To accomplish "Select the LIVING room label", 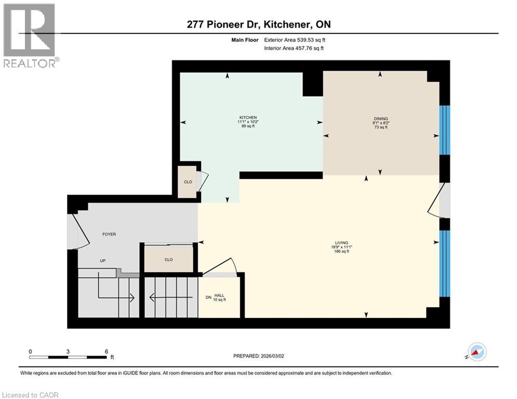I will click(x=341, y=243).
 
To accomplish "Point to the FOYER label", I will click(x=109, y=234).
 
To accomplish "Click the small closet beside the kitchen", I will click(x=188, y=182).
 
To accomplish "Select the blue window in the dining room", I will click(x=444, y=130).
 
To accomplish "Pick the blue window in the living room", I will click(x=444, y=263).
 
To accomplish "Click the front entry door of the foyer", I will click(x=73, y=231).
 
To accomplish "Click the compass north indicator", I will click(x=476, y=352).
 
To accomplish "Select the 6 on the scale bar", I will click(x=107, y=351).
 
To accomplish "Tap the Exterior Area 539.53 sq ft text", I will click(x=295, y=39).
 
